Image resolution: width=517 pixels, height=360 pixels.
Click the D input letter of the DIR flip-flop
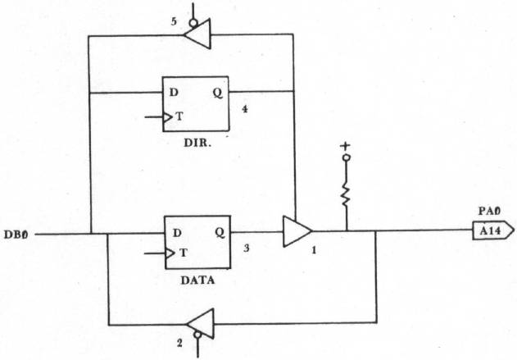pos(174,92)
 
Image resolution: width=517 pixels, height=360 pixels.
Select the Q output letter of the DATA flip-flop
pos(220,232)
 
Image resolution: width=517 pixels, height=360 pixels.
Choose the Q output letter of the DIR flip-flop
pos(218,92)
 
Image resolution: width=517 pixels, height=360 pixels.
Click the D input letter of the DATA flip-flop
pos(175,232)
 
